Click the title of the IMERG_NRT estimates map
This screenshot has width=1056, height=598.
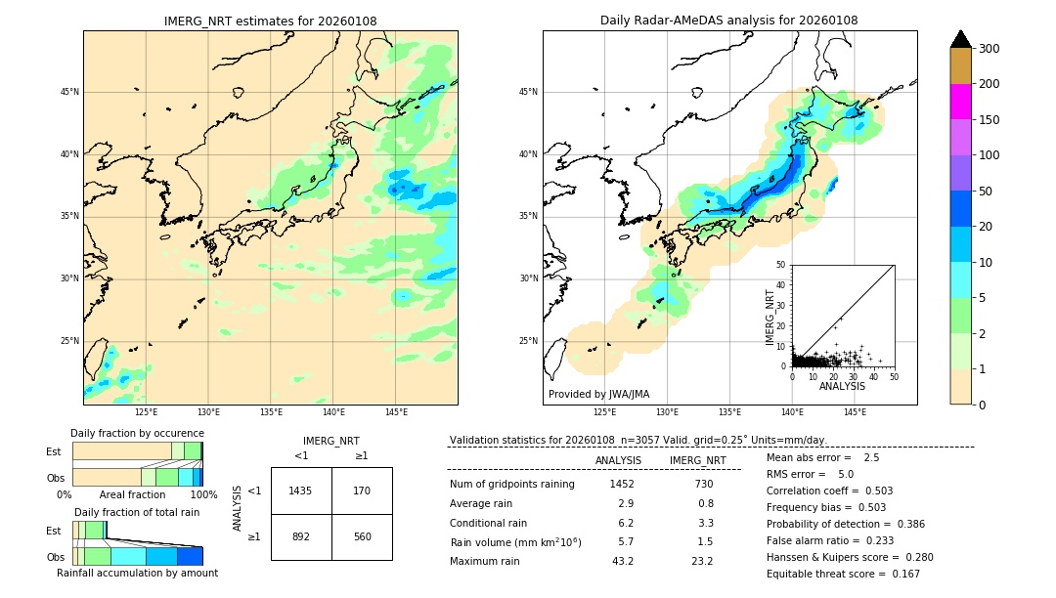click(270, 21)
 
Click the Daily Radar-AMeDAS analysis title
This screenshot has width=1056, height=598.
click(728, 21)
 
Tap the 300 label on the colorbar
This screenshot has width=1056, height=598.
click(990, 49)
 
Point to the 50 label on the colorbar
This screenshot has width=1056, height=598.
click(986, 192)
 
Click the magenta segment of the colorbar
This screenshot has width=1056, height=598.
click(960, 102)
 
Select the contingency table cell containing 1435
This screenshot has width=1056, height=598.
click(301, 491)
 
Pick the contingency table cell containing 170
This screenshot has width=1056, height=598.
click(362, 491)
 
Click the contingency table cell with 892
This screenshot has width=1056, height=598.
click(301, 536)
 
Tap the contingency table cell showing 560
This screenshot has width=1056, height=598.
click(362, 536)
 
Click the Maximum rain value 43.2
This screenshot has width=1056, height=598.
click(622, 561)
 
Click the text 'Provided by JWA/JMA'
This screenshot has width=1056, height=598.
click(598, 394)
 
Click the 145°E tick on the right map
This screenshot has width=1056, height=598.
click(855, 412)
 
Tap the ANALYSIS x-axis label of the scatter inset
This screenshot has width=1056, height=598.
click(842, 386)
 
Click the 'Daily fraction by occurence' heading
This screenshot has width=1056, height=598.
click(137, 433)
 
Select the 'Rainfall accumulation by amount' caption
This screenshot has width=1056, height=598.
click(137, 573)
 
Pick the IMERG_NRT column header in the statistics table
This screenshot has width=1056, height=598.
click(697, 460)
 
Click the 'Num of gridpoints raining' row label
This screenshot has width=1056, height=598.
click(511, 484)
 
